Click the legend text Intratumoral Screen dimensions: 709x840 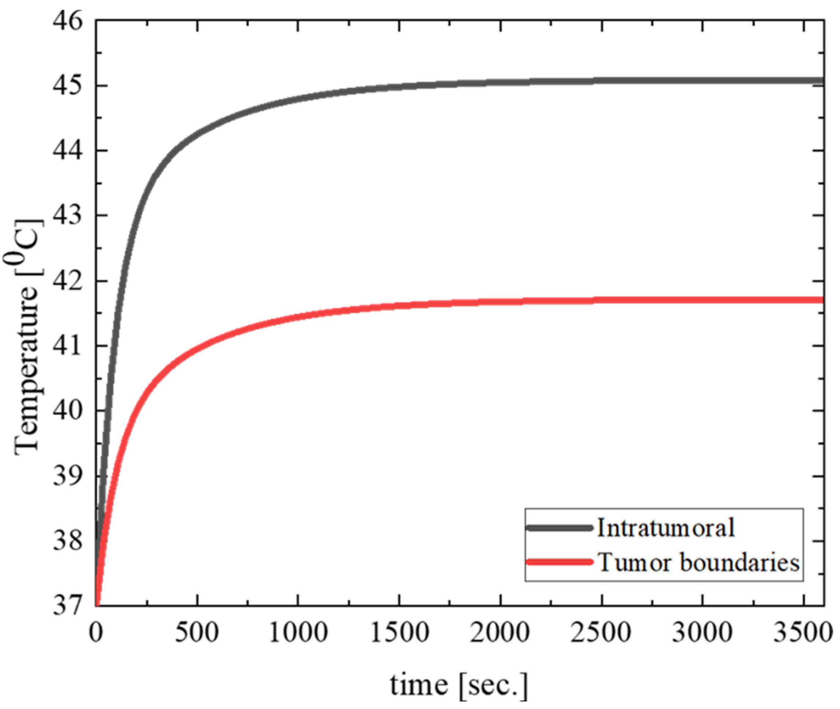point(665,528)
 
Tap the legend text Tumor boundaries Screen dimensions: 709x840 point(699,562)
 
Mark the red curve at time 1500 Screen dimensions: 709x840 point(399,305)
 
